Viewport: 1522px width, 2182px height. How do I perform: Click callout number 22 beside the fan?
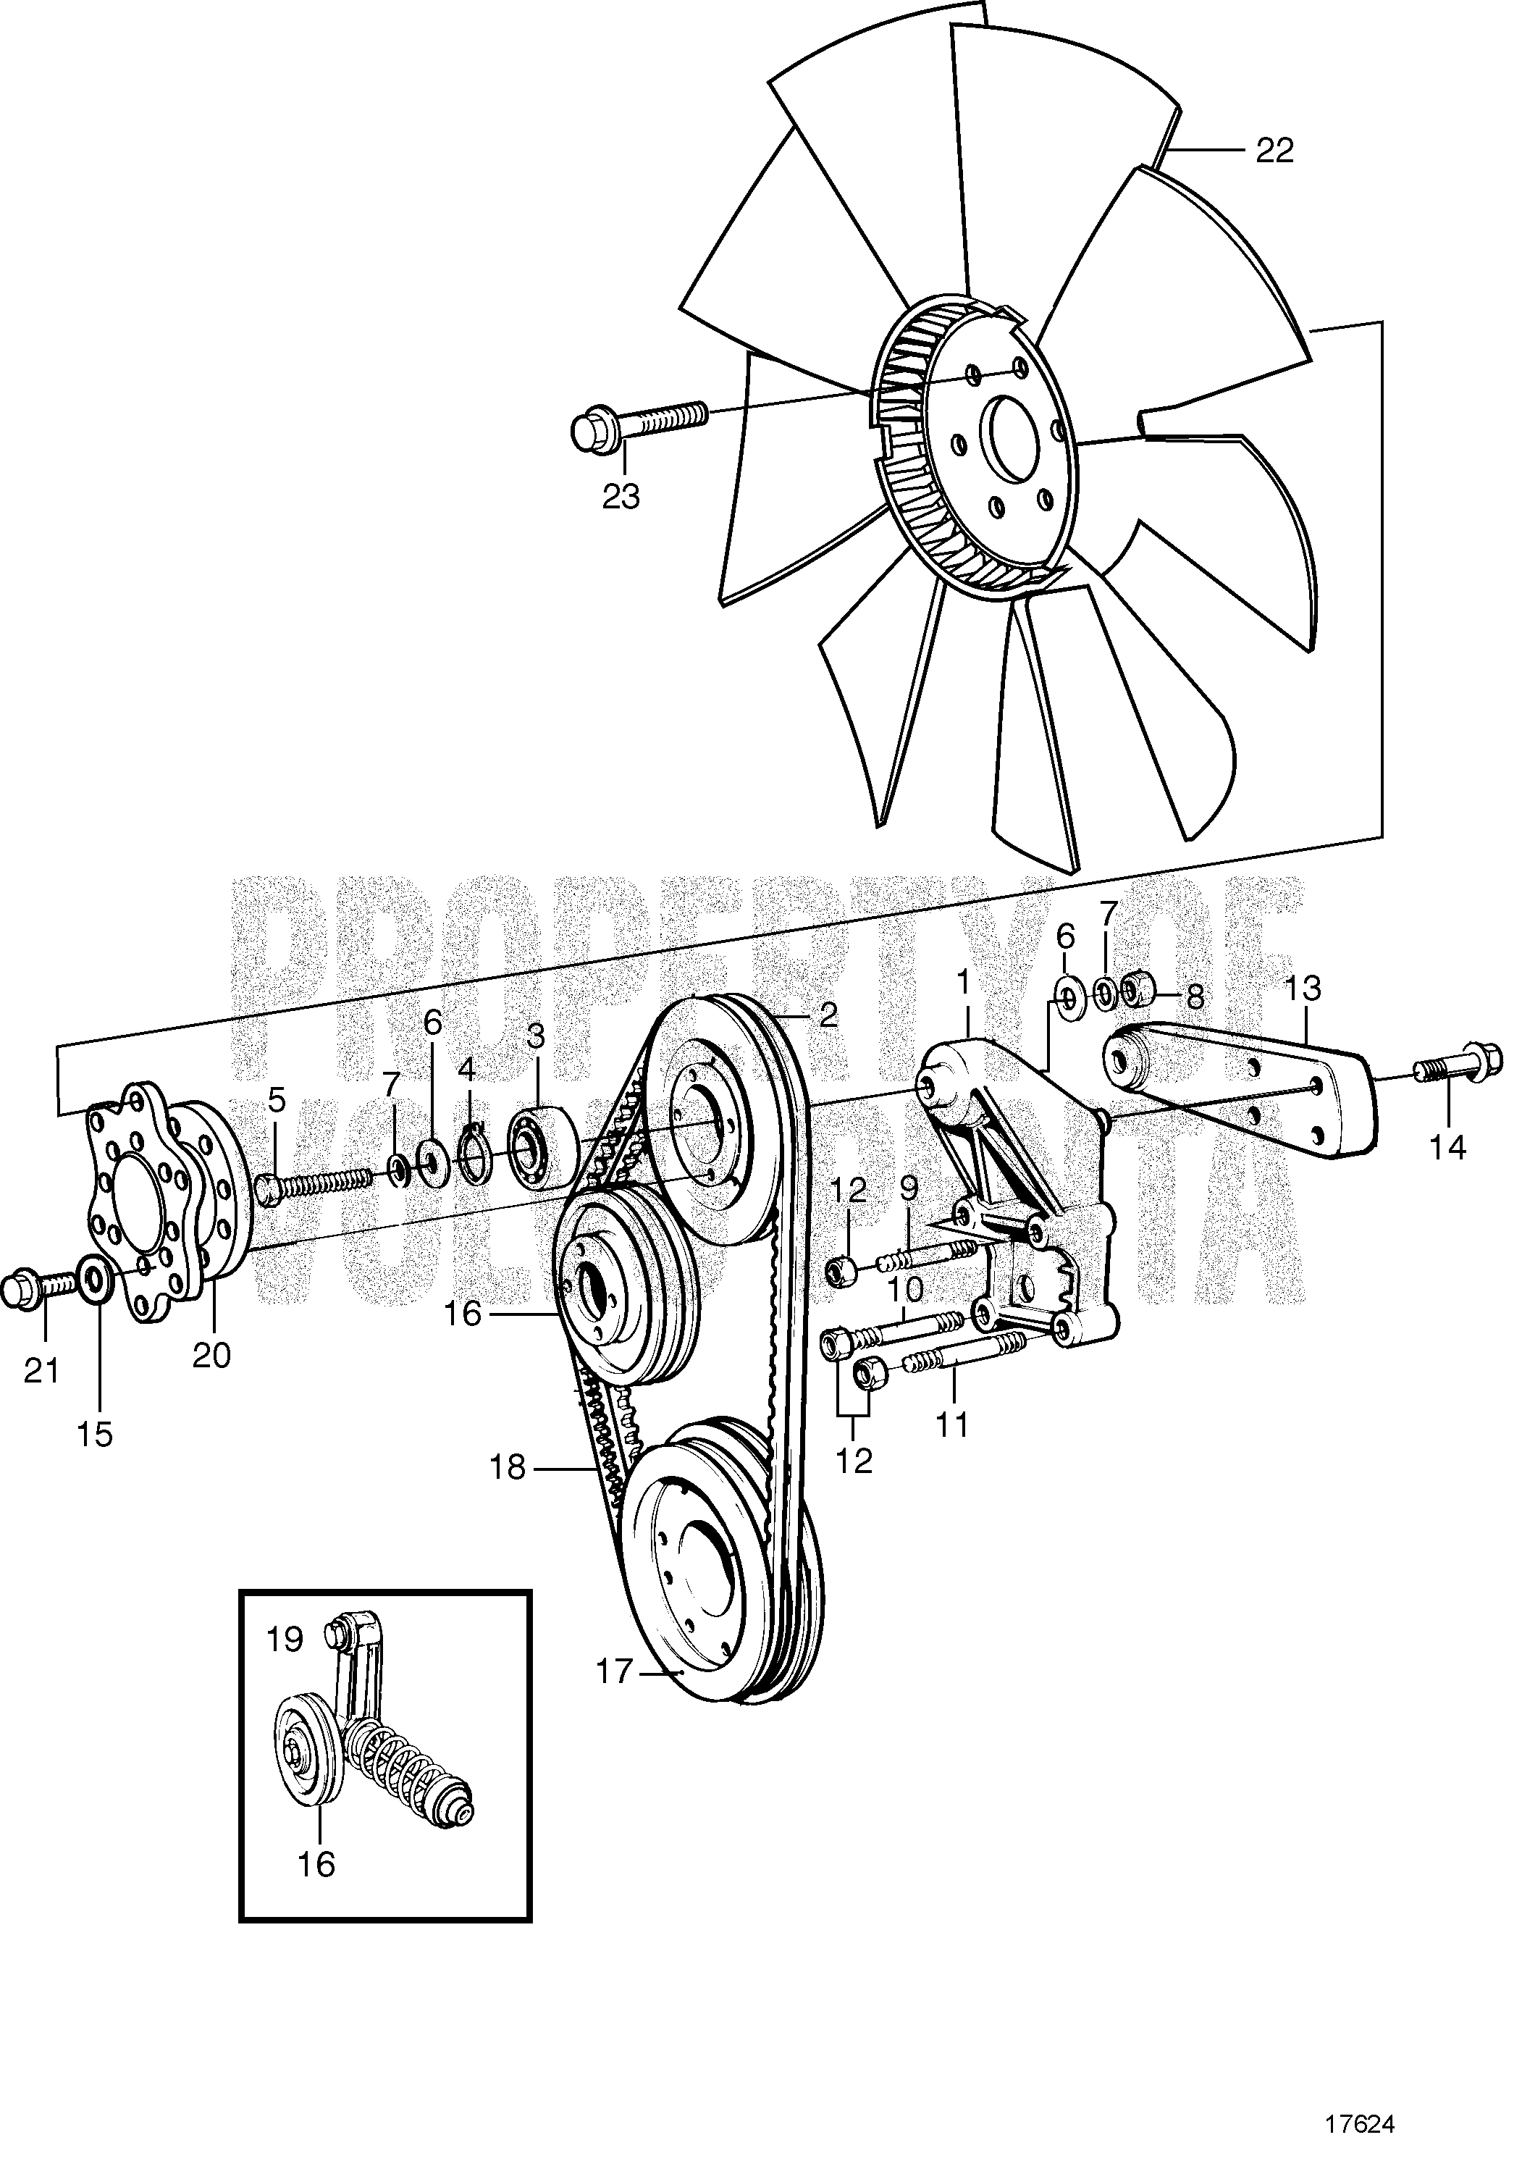click(x=1274, y=150)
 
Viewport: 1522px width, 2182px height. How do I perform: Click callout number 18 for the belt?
click(x=508, y=1467)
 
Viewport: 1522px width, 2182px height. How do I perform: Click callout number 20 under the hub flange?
click(x=211, y=1354)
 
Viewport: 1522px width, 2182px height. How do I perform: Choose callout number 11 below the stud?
click(x=952, y=1451)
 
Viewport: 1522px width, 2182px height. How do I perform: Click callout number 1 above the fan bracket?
click(x=965, y=1002)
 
